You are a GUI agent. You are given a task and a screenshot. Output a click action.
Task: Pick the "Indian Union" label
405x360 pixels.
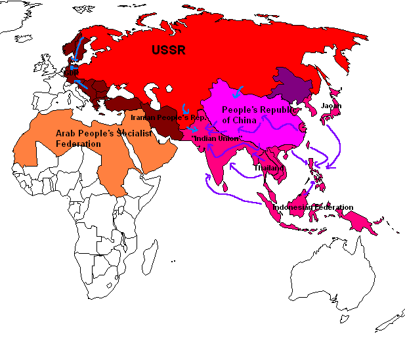(x=217, y=139)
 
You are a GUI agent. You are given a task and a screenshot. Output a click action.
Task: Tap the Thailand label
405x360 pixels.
(x=268, y=168)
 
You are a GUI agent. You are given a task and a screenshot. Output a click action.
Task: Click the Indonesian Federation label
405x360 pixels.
(x=312, y=208)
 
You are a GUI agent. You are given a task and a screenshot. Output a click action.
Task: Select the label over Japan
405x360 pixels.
(x=331, y=106)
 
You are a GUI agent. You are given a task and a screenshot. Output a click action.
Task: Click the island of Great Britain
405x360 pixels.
(x=47, y=68)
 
